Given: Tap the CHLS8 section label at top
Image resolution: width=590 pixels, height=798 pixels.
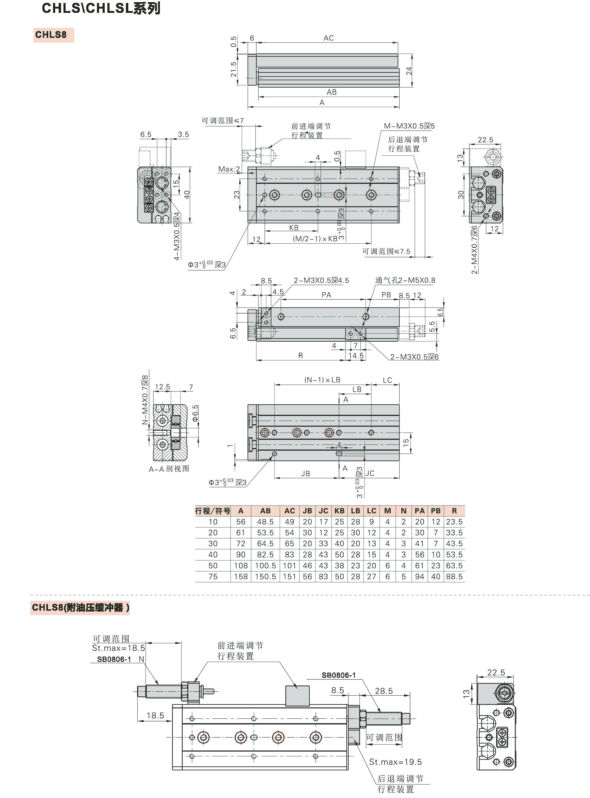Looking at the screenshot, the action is pos(51,35).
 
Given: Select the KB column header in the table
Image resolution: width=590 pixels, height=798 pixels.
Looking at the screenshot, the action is pos(339,511).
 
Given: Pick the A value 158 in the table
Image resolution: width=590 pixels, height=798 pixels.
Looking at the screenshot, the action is pos(241,576).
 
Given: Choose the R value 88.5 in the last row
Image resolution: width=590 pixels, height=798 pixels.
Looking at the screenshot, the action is pos(454,576).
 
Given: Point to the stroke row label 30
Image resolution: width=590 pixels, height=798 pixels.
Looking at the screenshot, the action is pos(213,543).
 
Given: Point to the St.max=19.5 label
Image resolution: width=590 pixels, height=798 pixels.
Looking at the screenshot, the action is pos(395,762).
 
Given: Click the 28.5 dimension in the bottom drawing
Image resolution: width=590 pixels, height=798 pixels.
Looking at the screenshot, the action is pos(384,691).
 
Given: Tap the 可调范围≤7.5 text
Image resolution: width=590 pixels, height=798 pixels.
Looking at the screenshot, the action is pos(386,251).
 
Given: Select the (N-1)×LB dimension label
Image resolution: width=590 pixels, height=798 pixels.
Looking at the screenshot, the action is pos(322,379).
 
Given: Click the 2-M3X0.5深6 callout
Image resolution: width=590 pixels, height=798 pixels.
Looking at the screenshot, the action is pos(415,357).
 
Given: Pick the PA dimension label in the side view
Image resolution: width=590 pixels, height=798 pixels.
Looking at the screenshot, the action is pos(326,294).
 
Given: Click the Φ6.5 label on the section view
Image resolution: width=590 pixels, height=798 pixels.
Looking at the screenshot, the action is pos(195,413).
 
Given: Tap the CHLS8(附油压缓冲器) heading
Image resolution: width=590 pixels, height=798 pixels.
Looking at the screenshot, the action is pos(81,607).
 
